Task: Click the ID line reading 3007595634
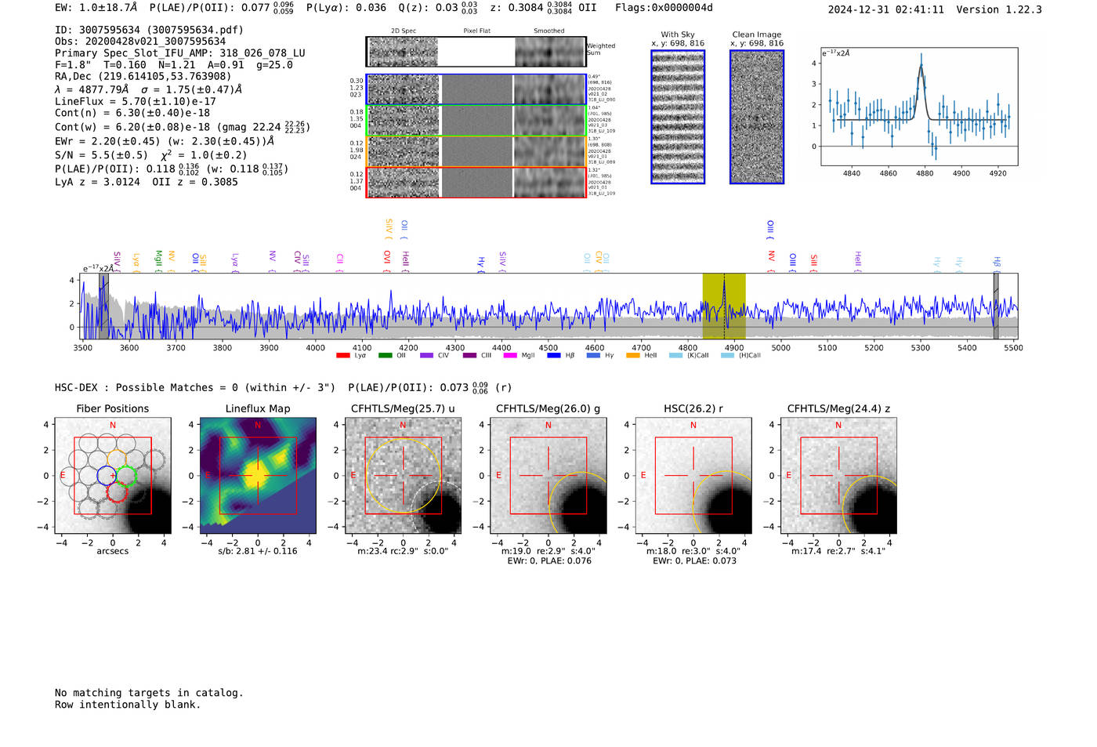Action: (149, 30)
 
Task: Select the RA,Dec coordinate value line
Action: (143, 76)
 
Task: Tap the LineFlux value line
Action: (135, 101)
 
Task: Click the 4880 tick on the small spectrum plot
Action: (925, 173)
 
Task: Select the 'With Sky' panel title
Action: (678, 34)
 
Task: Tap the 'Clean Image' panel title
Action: (756, 34)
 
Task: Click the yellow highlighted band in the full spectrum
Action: (723, 306)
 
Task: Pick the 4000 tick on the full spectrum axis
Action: (315, 347)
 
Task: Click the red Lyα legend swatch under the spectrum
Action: (343, 356)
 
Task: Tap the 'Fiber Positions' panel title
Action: (112, 408)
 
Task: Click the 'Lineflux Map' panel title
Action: (258, 408)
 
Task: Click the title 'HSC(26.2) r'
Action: (693, 408)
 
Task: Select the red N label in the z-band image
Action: (838, 425)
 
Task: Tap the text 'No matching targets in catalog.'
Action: (149, 692)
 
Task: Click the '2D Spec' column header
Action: (404, 31)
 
